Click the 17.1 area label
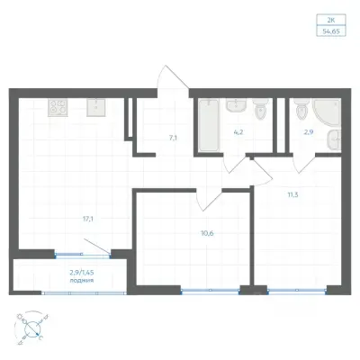point(88,219)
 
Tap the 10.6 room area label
point(207,233)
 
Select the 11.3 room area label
point(292,195)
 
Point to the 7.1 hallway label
point(174,139)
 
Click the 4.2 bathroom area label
point(238,132)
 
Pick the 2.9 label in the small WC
point(309,131)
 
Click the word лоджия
point(82,281)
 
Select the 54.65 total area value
point(331,31)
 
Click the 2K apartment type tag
point(331,21)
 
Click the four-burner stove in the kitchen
point(58,107)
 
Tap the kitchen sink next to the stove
point(95,107)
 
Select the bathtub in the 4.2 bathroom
point(209,125)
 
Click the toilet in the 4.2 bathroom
point(259,110)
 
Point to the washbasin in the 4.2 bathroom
point(237,105)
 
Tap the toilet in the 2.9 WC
point(301,110)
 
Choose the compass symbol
point(32,328)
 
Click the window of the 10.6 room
point(211,291)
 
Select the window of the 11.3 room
point(297,291)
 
